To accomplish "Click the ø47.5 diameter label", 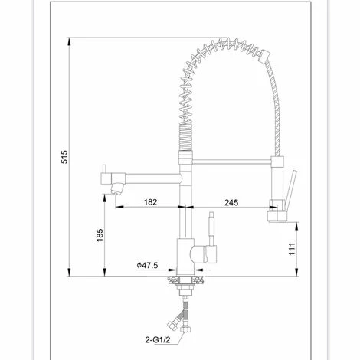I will (147, 265).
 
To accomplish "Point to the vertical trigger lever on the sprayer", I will (290, 188).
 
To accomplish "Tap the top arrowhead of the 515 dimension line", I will (70, 40).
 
